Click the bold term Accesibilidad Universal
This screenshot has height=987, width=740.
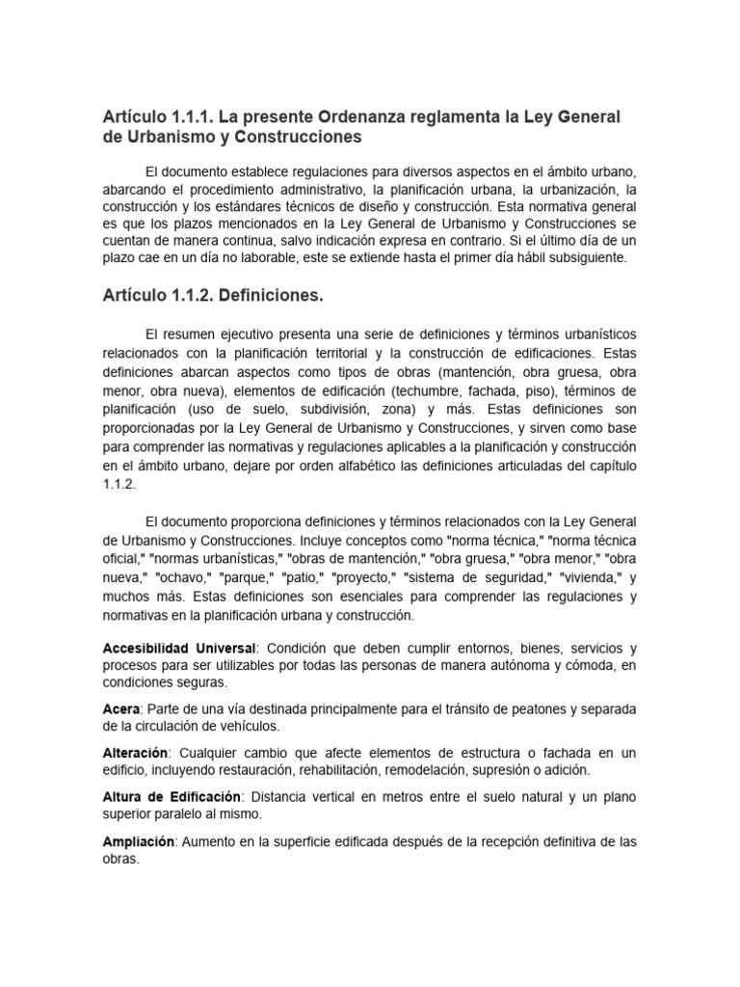(x=179, y=648)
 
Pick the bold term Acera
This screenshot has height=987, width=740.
(x=121, y=709)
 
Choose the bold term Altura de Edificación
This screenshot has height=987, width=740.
(x=172, y=797)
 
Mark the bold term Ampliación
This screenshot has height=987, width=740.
(x=139, y=841)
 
